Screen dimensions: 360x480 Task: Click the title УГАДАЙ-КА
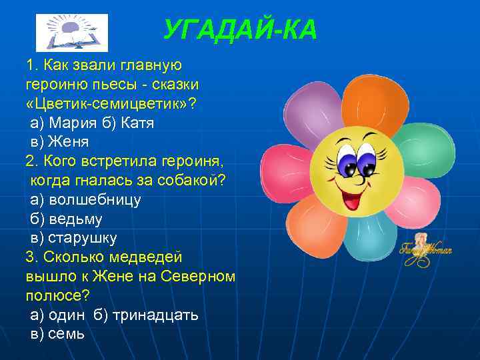(240, 29)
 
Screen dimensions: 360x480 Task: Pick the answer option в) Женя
(60, 141)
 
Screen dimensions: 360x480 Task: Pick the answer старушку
(83, 237)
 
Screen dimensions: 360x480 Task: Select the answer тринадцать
(155, 315)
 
